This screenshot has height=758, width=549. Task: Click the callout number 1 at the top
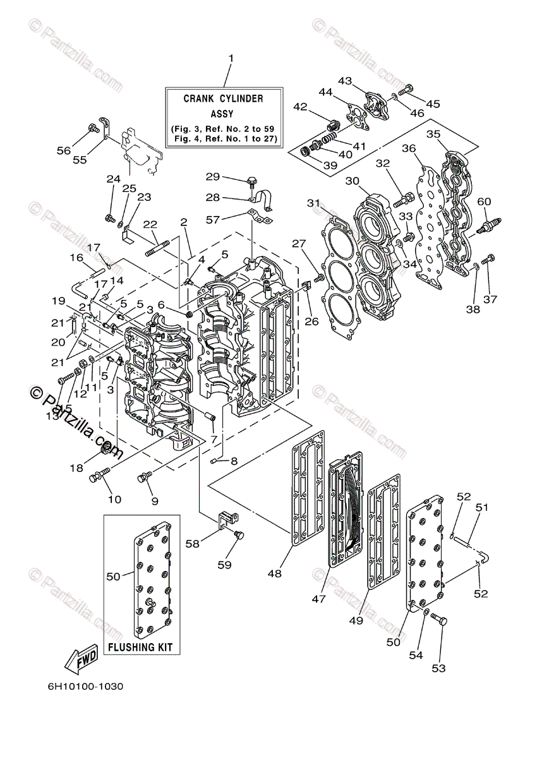point(231,59)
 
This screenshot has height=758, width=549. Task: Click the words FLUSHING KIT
point(140,647)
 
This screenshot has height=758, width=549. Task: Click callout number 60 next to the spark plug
point(484,202)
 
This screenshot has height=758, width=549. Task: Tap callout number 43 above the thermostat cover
point(345,81)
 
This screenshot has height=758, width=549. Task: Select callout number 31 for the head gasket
point(314,203)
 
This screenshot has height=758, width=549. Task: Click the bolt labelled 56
point(92,128)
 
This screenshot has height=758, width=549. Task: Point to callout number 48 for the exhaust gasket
point(274,574)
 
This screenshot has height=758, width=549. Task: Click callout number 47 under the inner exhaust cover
point(318,599)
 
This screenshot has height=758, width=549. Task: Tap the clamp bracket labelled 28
point(262,198)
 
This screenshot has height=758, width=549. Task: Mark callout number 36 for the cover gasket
point(409,148)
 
